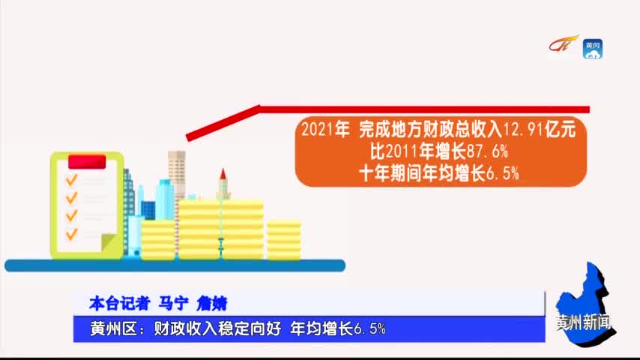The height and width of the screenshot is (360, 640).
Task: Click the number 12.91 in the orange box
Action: point(523,130)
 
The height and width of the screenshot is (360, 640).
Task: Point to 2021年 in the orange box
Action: point(325,130)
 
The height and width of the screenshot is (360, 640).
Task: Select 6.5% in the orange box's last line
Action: point(502,174)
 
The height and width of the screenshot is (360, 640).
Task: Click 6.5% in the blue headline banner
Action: point(369,329)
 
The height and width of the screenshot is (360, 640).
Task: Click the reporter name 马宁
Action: point(173,304)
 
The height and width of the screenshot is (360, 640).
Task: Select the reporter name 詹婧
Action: point(211,304)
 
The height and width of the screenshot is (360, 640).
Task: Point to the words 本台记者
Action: point(120,304)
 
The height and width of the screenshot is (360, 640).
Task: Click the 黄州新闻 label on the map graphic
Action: point(584,322)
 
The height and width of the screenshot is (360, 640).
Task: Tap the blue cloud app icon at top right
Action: point(593,49)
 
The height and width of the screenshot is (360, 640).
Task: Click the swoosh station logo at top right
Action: point(564,43)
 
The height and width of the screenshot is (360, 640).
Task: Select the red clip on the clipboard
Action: point(87,162)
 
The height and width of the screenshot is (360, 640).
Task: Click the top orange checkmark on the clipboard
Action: point(71,179)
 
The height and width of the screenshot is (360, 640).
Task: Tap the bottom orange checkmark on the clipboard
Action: point(71,234)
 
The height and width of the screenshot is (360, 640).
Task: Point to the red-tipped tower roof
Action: point(223,174)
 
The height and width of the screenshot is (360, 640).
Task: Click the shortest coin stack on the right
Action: point(284,240)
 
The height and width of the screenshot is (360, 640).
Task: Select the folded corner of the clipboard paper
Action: point(108,242)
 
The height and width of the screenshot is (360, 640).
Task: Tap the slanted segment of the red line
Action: point(223,123)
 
